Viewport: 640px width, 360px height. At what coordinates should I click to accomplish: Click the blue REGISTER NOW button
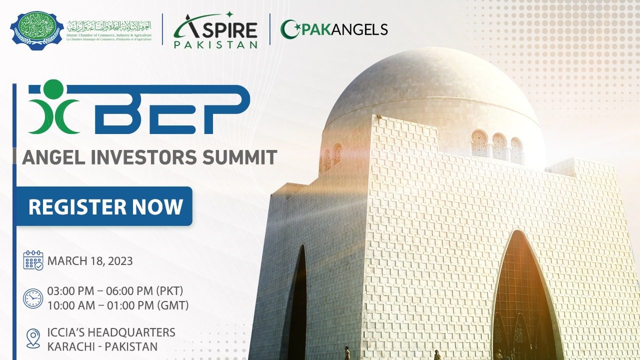(104, 206)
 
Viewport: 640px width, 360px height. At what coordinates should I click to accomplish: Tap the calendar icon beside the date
(33, 260)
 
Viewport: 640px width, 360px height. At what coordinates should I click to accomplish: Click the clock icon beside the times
(33, 298)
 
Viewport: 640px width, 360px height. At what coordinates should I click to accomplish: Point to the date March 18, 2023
(90, 260)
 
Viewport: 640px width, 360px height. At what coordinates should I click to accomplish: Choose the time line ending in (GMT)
(117, 305)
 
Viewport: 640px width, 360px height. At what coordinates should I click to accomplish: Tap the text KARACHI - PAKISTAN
(102, 346)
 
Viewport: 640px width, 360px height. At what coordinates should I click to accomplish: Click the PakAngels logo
(334, 29)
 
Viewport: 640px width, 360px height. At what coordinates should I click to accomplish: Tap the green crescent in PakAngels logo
(288, 29)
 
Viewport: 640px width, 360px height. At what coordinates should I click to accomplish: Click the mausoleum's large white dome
(430, 90)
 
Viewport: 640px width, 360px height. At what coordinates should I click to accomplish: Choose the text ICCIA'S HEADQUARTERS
(111, 332)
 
